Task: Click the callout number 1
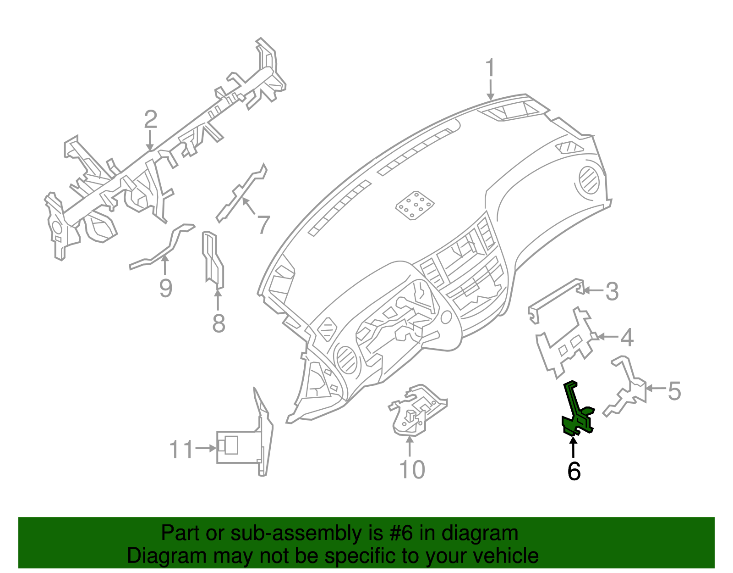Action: point(490,68)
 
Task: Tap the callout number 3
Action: point(612,292)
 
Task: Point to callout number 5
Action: point(674,391)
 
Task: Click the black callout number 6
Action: point(574,471)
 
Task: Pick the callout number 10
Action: point(412,469)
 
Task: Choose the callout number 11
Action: point(181,450)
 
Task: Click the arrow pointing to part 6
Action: point(573,447)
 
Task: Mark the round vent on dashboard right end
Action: point(588,179)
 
